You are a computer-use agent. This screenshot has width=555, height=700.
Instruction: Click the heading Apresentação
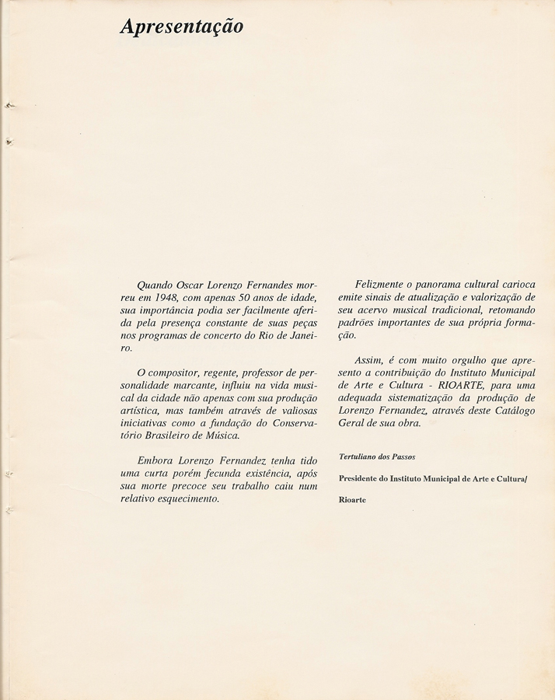[181, 27]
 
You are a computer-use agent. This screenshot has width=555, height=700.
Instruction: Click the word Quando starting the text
[155, 285]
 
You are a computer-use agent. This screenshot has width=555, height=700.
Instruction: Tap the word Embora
[157, 461]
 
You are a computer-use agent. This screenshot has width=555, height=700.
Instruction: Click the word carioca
[514, 285]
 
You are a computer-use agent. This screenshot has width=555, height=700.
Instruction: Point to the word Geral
[354, 423]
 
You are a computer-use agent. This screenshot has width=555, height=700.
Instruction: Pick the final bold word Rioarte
[353, 500]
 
